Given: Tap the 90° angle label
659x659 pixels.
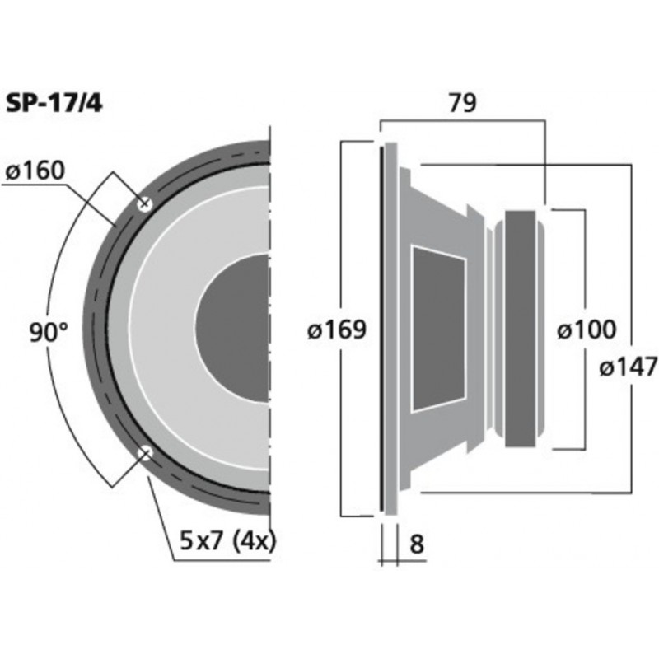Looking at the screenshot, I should tap(49, 333).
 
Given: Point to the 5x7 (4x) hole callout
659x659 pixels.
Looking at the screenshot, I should tap(227, 541).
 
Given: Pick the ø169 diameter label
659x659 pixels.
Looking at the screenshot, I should tap(335, 330).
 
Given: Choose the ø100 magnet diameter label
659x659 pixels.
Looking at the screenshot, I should tap(586, 330).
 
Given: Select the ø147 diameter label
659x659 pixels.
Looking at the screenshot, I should tap(629, 367).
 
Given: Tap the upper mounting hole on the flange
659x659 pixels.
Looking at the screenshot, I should tap(145, 203).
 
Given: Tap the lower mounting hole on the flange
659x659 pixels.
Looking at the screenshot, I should tap(145, 452).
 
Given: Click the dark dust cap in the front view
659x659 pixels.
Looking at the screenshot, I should tap(235, 327).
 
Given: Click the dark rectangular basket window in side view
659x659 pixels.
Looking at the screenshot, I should tap(438, 329).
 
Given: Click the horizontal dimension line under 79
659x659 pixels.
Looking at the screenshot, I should tap(461, 121).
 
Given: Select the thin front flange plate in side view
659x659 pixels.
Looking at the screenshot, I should tap(381, 329).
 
